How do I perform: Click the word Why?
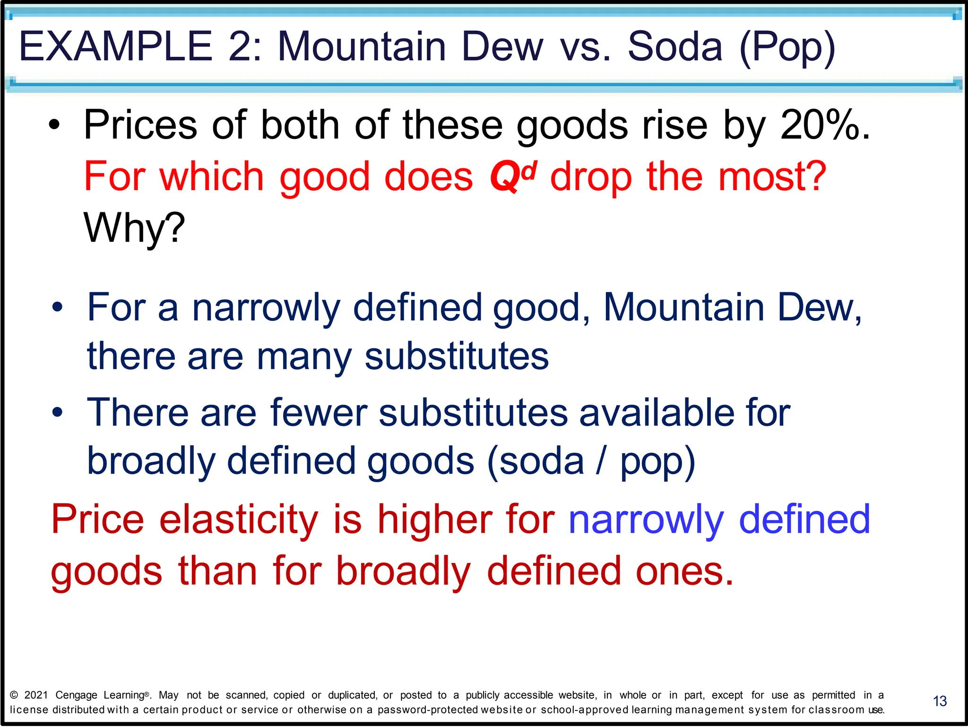pyautogui.click(x=134, y=228)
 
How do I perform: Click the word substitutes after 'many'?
pyautogui.click(x=456, y=356)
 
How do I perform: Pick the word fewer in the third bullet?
pyautogui.click(x=319, y=413)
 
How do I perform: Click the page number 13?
pyautogui.click(x=940, y=701)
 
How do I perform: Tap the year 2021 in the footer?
pyautogui.click(x=36, y=695)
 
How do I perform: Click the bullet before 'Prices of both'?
pyautogui.click(x=55, y=125)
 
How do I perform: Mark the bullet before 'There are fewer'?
pyautogui.click(x=57, y=413)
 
